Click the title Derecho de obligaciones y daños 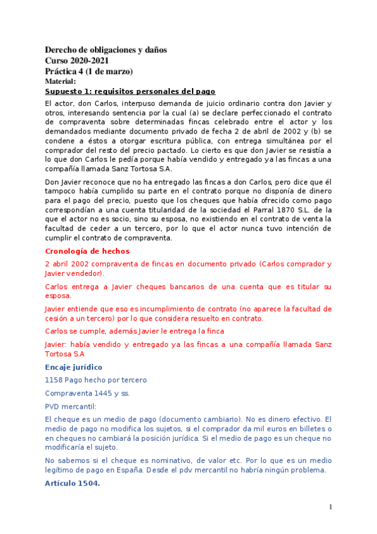point(106,50)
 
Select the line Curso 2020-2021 point(77,60)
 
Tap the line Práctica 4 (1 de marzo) point(89,71)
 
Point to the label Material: point(60,81)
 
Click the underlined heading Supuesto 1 point(130,91)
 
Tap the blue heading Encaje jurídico point(74,367)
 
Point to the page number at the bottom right point(330,507)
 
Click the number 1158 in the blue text point(55,380)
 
